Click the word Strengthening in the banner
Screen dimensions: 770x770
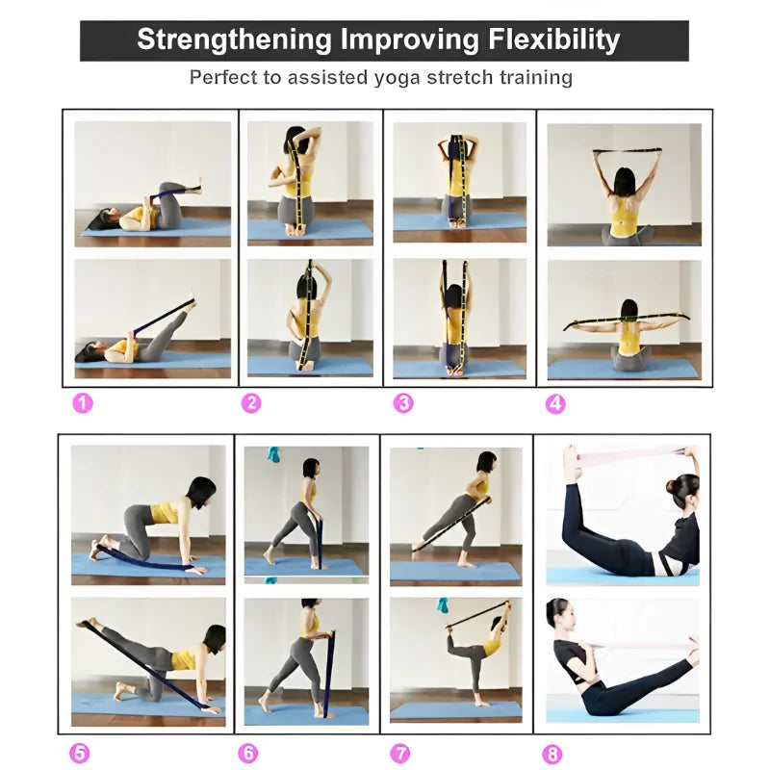(x=233, y=40)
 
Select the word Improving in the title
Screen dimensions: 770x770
(x=409, y=40)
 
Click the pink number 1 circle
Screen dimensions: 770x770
(x=83, y=403)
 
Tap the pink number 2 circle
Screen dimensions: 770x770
(x=251, y=403)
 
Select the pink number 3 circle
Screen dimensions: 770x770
(x=403, y=403)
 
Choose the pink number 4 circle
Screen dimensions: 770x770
(x=555, y=403)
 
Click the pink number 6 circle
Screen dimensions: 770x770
(x=248, y=754)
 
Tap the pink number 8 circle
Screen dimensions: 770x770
(x=552, y=754)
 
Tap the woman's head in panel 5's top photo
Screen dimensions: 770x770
(x=202, y=490)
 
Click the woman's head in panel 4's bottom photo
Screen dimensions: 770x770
(x=629, y=310)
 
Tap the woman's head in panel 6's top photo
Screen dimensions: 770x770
(x=310, y=468)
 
